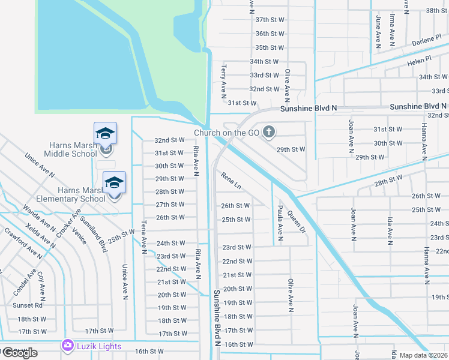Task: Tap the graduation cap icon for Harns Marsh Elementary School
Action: (x=114, y=182)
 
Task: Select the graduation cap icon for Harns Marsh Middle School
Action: (x=105, y=133)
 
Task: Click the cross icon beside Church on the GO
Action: (x=269, y=131)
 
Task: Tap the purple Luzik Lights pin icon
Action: (x=66, y=346)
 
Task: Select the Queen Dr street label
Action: (x=297, y=221)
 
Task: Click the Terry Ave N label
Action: (x=223, y=81)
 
